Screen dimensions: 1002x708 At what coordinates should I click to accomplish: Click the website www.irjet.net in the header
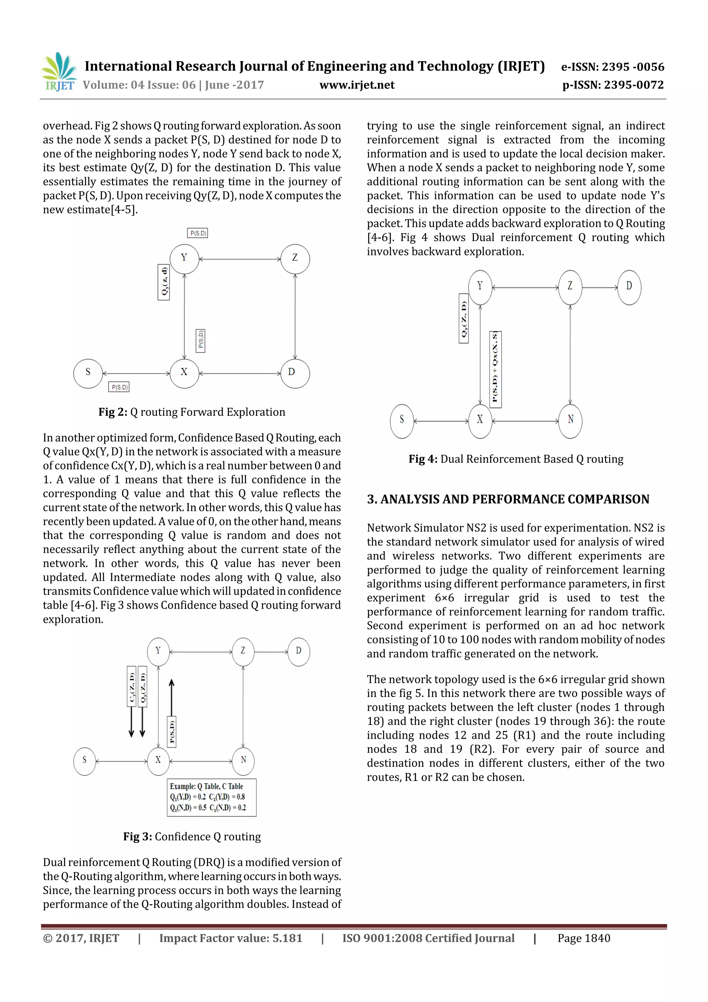click(x=357, y=85)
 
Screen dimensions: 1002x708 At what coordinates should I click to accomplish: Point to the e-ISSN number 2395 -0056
click(x=613, y=67)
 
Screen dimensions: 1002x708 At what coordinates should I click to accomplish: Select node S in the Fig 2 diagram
click(x=88, y=373)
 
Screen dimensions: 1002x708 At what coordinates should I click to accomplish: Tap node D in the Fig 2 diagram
click(x=295, y=373)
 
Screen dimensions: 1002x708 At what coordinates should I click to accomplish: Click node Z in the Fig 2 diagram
click(x=295, y=259)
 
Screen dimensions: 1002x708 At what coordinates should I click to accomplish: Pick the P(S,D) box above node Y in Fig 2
click(x=198, y=233)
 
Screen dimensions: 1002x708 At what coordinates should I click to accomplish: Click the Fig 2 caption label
click(x=192, y=412)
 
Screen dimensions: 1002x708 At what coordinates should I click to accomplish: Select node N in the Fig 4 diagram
click(x=570, y=421)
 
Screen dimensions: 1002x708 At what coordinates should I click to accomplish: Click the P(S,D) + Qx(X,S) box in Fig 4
click(x=495, y=369)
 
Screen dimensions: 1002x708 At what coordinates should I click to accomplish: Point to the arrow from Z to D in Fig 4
click(x=600, y=287)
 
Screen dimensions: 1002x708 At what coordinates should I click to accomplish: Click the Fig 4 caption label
click(x=516, y=459)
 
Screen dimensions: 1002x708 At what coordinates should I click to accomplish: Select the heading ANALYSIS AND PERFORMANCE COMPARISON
click(x=508, y=499)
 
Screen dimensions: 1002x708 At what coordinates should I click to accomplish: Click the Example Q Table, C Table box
click(x=212, y=797)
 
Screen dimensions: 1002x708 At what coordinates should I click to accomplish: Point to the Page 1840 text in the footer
click(x=584, y=938)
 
